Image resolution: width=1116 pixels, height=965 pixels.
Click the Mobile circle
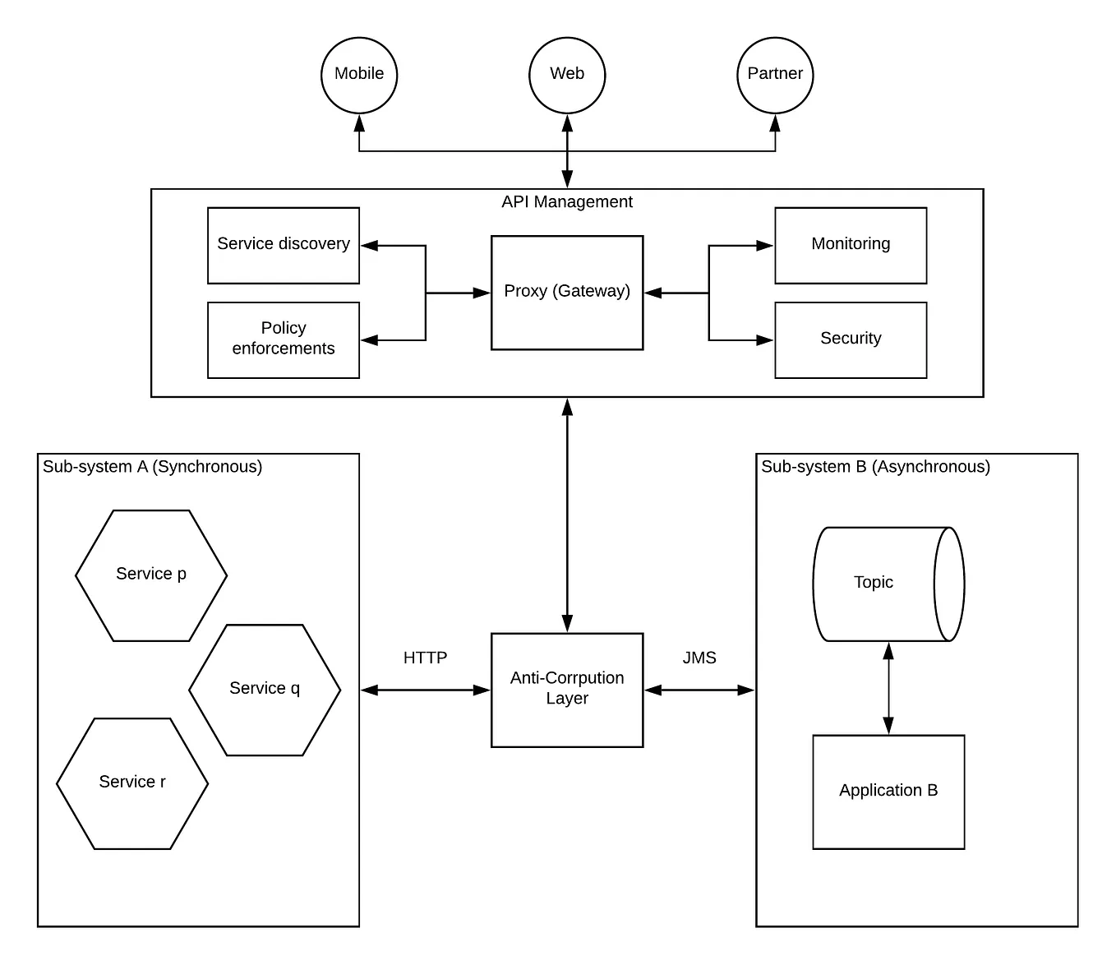point(359,75)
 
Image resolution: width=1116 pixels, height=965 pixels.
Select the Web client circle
point(567,75)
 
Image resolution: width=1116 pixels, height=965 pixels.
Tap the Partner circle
point(775,75)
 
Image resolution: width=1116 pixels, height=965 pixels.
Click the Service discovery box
point(284,245)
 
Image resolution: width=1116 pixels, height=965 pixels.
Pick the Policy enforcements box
point(284,339)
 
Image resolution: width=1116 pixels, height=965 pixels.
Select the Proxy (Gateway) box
point(567,293)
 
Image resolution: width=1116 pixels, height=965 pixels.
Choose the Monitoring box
point(851,245)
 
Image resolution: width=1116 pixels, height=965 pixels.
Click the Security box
point(851,339)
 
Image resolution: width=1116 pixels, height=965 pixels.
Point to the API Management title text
point(567,202)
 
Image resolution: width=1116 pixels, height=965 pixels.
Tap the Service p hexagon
point(151,575)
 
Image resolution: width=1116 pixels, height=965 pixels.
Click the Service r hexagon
point(132,783)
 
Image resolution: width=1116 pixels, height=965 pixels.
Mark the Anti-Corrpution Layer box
point(567,689)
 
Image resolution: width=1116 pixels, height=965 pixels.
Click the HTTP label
point(425,658)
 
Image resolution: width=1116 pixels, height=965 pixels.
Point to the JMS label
point(699,658)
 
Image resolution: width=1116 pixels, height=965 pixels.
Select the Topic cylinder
point(879,584)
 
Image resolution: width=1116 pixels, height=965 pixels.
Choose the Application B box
point(888,791)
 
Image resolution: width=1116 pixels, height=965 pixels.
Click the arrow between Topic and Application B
point(888,688)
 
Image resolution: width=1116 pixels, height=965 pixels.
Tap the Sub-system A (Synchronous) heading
point(153,467)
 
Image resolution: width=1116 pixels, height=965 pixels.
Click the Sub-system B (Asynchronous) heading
point(875,467)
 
